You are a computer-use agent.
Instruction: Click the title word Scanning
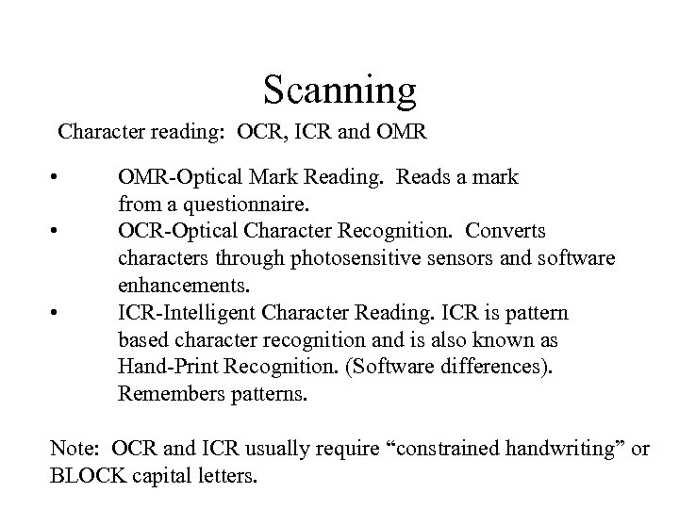[339, 90]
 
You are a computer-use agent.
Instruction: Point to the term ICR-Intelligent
[182, 312]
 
